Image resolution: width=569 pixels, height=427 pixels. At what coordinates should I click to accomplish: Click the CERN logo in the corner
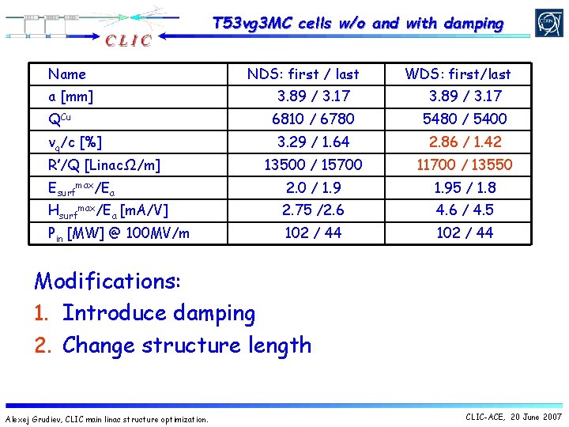click(548, 23)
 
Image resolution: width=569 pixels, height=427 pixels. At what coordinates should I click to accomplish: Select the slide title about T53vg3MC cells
click(358, 24)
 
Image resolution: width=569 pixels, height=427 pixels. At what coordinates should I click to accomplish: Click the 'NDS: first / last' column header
click(303, 74)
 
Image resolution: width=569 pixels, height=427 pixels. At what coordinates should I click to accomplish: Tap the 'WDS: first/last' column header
click(458, 74)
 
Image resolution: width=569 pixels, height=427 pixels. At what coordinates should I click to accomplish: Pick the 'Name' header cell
click(67, 74)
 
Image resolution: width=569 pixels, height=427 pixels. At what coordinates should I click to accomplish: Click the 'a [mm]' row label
click(71, 96)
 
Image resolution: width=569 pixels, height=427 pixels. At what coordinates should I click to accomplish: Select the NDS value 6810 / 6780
click(313, 119)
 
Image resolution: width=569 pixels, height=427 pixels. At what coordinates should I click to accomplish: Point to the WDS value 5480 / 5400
click(465, 119)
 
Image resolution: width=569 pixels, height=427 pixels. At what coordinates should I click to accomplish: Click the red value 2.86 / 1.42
click(465, 142)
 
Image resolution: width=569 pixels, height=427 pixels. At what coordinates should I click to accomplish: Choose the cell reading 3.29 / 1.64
click(313, 142)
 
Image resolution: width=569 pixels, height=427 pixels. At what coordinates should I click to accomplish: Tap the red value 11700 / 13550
click(465, 164)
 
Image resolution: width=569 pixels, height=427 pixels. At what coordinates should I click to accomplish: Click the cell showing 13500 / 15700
click(313, 164)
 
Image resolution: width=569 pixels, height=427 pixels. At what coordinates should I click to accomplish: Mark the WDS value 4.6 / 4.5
click(465, 210)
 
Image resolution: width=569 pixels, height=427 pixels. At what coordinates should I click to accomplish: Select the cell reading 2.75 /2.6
click(313, 210)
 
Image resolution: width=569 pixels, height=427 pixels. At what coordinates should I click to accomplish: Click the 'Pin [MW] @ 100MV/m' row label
click(119, 232)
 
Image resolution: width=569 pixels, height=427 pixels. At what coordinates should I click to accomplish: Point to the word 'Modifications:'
click(108, 281)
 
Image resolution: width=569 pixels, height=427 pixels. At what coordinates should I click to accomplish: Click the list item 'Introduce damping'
click(159, 313)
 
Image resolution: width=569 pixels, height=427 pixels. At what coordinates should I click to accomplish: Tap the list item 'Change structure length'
click(187, 345)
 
